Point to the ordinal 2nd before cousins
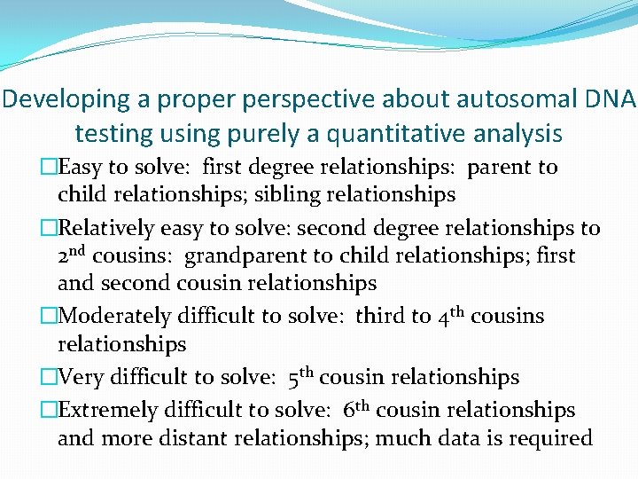(x=73, y=255)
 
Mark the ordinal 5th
(x=301, y=377)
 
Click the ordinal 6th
(x=357, y=410)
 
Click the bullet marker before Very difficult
(x=50, y=377)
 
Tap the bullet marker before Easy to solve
(x=50, y=168)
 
